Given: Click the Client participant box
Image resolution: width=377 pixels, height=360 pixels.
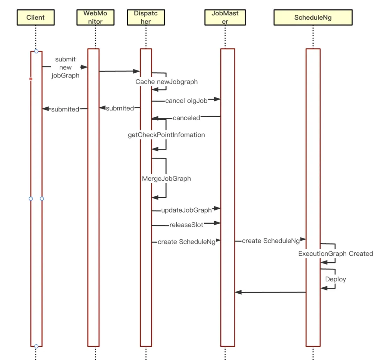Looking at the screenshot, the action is (x=36, y=17).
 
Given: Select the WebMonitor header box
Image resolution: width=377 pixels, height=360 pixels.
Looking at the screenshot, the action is (x=95, y=17).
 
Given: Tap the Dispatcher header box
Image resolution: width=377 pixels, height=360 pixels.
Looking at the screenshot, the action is (x=146, y=17).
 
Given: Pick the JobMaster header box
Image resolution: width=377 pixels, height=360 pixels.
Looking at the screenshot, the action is (x=225, y=17).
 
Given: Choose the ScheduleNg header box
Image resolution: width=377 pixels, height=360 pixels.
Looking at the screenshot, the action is (x=313, y=17).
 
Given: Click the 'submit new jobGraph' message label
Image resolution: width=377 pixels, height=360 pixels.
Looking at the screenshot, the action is (x=65, y=67).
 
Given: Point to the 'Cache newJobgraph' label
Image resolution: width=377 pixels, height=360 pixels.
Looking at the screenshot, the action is (x=167, y=82).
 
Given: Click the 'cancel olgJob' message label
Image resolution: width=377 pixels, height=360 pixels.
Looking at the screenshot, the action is (x=186, y=101).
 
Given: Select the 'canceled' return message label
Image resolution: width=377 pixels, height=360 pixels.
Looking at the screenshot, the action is (x=186, y=118).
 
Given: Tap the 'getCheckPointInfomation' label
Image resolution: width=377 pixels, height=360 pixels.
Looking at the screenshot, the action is (x=167, y=135).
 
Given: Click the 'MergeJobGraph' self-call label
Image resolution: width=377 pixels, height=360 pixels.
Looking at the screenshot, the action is (x=167, y=179).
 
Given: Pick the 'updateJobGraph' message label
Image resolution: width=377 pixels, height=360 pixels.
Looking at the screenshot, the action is (x=186, y=210).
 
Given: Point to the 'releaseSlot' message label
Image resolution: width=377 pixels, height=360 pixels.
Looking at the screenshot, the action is (x=186, y=225).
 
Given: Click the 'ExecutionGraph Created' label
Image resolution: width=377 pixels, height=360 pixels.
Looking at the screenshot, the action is (x=336, y=253).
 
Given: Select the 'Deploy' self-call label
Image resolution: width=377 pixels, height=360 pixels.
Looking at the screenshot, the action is (x=336, y=279).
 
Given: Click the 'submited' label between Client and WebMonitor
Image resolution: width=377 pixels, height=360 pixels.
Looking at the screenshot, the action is (x=65, y=109).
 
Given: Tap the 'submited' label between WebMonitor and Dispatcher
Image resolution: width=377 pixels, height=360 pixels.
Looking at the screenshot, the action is (x=120, y=108).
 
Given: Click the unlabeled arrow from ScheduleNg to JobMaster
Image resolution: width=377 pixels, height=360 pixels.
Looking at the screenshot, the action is (x=271, y=292).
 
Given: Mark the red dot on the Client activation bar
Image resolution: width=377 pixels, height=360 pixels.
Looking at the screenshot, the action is (x=31, y=79).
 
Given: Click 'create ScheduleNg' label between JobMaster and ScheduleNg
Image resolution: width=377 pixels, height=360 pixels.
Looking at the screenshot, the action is (x=271, y=241).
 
